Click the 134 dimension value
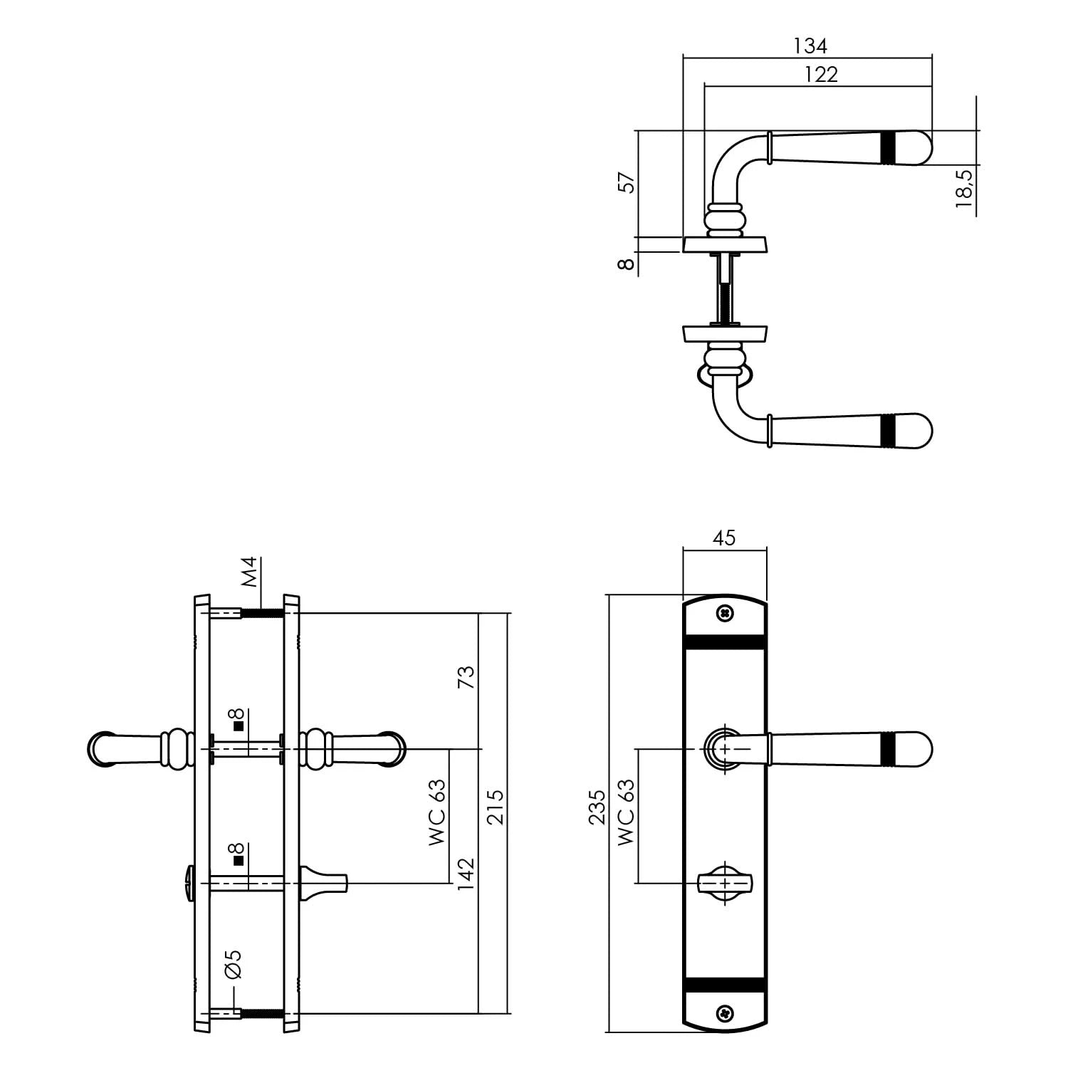click(x=810, y=46)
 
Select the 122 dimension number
click(x=822, y=75)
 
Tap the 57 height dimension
click(x=627, y=182)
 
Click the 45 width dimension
click(x=724, y=538)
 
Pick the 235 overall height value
click(x=597, y=807)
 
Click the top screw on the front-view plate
click(x=725, y=612)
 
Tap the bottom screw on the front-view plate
click(x=725, y=1010)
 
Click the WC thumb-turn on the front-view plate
click(x=725, y=884)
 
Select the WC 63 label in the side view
click(x=437, y=812)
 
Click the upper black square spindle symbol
click(x=239, y=726)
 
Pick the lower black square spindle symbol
click(x=239, y=860)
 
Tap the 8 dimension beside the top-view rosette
click(x=627, y=263)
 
